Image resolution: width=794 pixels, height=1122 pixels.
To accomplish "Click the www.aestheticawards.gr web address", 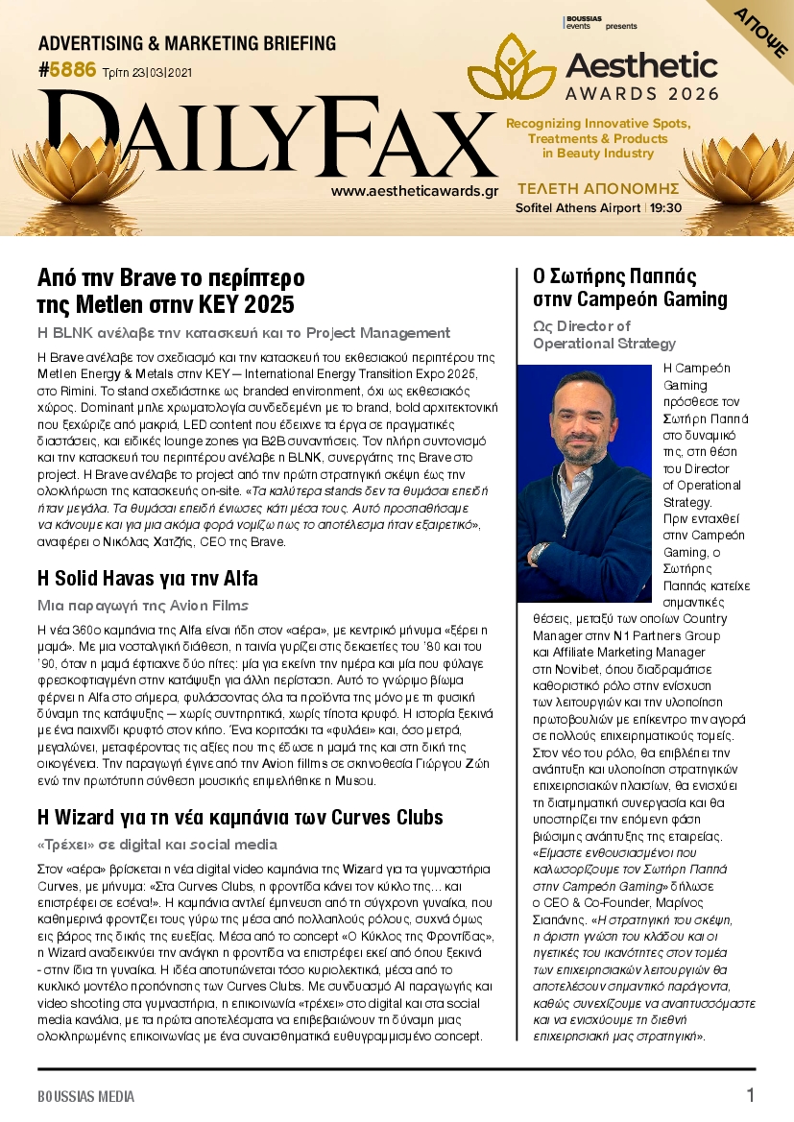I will (x=414, y=191).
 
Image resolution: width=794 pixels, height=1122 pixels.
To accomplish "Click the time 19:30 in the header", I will (x=665, y=208).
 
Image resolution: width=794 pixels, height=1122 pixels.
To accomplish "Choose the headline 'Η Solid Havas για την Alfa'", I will (x=147, y=579).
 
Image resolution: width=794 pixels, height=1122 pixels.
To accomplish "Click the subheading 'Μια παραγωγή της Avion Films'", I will (x=142, y=606).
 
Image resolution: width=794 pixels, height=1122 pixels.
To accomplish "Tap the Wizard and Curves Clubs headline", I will (x=240, y=818).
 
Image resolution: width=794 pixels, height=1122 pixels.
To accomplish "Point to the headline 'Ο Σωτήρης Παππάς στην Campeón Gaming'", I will (x=630, y=287).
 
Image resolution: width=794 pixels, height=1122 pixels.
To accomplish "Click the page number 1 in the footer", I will (x=750, y=1095).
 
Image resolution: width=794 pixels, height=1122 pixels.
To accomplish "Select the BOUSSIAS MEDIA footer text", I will (x=85, y=1096).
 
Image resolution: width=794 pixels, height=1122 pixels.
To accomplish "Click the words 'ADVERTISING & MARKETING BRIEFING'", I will (x=187, y=43).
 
